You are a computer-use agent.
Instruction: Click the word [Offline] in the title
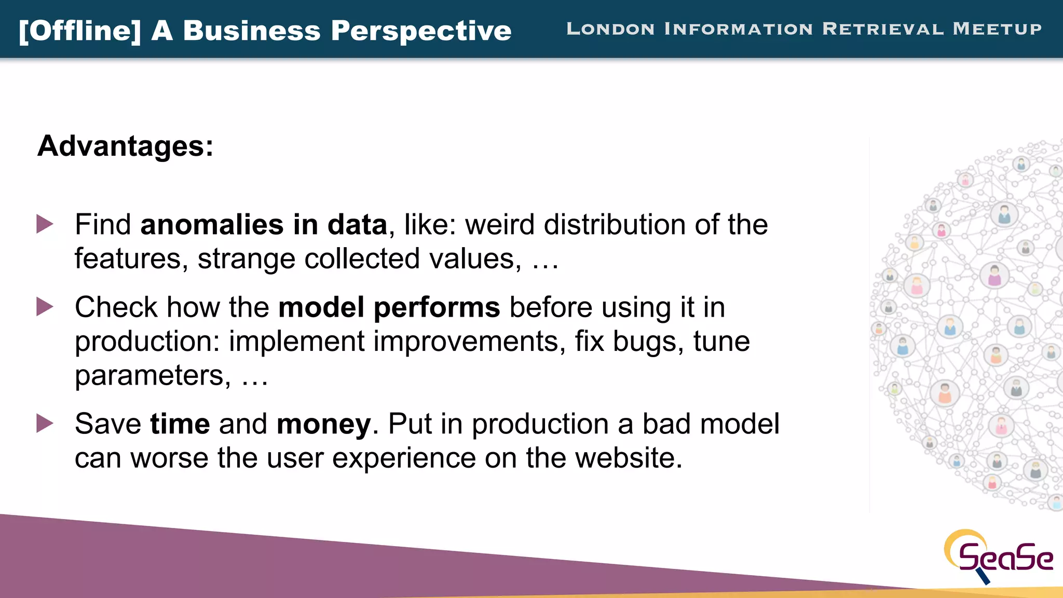pos(79,31)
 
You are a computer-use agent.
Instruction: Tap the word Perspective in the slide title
pos(421,31)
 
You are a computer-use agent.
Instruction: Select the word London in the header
pos(610,29)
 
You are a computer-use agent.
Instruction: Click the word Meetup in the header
pos(997,29)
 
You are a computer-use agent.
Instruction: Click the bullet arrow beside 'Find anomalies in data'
pos(45,224)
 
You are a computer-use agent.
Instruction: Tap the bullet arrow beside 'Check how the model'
pos(45,307)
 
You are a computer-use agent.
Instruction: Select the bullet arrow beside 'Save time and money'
pos(45,424)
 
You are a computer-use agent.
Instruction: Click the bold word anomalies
pos(212,225)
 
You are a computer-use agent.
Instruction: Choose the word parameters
pos(153,376)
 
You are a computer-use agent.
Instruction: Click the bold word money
pos(324,424)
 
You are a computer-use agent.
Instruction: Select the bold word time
pos(180,424)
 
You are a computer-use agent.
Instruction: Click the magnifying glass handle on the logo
pos(983,576)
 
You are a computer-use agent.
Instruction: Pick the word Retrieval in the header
pos(883,29)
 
